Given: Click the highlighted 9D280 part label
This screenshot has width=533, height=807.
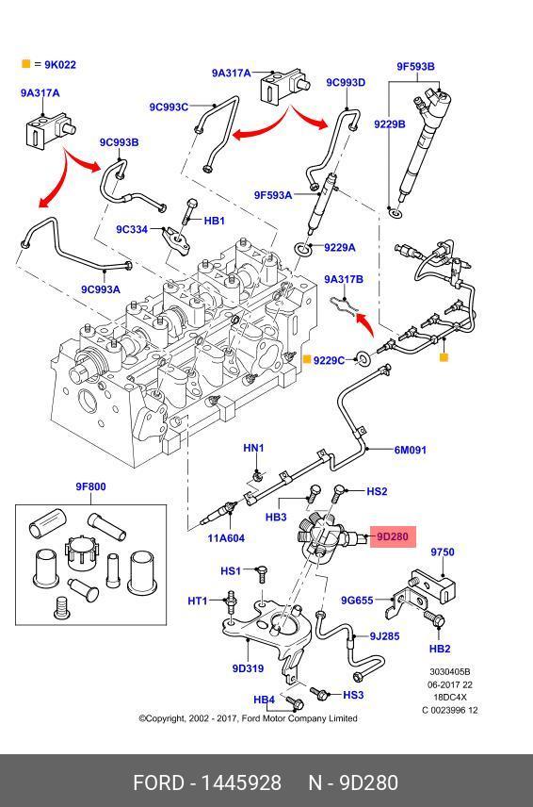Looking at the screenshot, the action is point(392,536).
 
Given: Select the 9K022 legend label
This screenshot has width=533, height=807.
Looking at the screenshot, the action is point(60,65).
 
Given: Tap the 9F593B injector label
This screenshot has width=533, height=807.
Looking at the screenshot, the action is point(415,66).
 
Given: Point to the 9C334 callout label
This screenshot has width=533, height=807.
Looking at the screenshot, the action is point(132,229).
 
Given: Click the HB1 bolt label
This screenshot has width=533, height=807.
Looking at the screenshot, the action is point(215,221).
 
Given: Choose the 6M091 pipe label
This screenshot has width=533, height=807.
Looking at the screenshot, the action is point(411,450).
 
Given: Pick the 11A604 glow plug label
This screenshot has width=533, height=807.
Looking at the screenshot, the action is point(226,538).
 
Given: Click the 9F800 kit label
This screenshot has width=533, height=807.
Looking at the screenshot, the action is point(91,486).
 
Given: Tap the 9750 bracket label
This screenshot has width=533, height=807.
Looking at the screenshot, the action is point(443,552).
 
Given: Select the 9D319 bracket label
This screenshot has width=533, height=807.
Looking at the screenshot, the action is point(248,668).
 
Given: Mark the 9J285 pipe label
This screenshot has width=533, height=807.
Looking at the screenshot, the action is point(384,636).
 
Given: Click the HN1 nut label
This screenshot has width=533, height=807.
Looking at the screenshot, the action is point(253,448).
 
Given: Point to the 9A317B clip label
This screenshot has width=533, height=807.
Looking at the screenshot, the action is point(344,279).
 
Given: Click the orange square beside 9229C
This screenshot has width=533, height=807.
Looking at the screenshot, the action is point(306,359).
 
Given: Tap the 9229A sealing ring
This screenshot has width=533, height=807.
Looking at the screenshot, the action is point(303,249).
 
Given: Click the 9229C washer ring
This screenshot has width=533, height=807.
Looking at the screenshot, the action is point(363,358).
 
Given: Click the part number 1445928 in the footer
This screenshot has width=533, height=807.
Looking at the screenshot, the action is point(241,782).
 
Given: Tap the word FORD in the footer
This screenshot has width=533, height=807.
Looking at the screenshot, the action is point(158,782).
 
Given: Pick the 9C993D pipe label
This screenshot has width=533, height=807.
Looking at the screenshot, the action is point(346,82).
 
